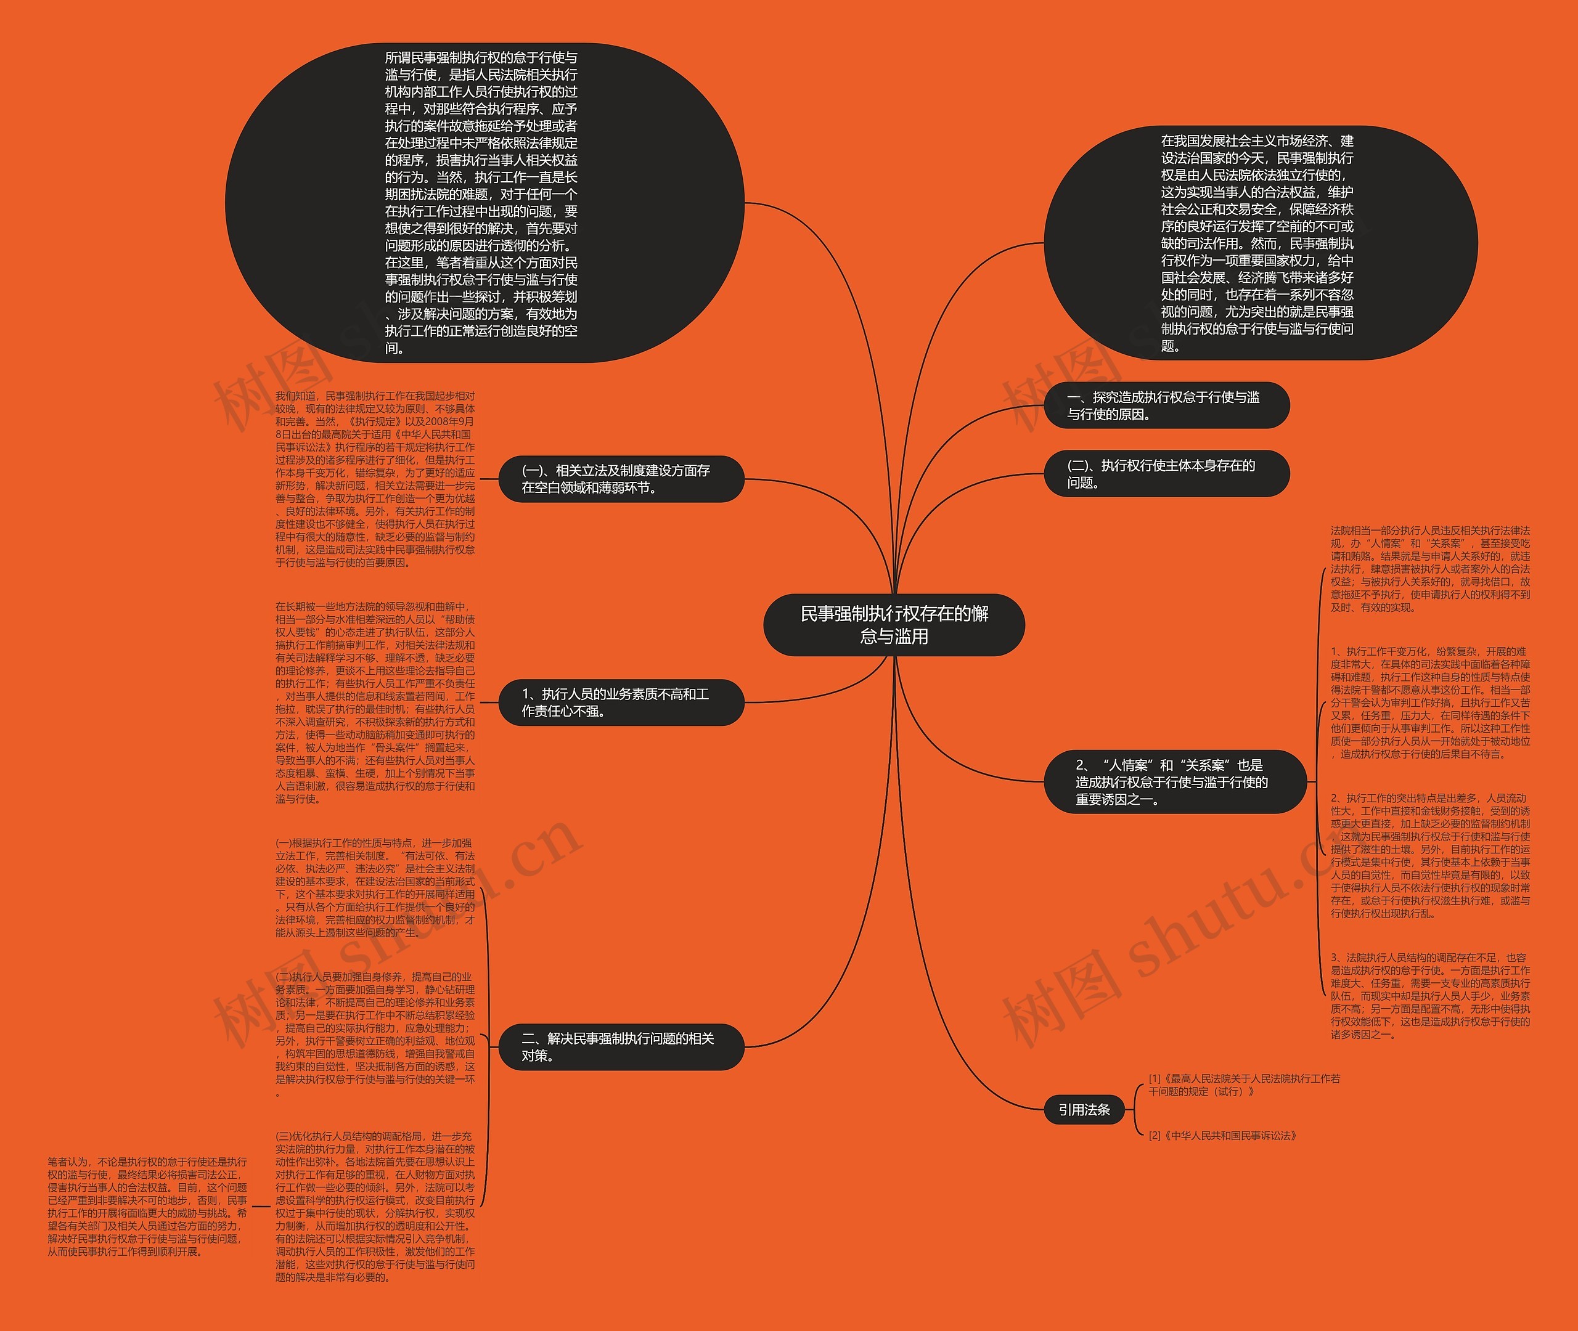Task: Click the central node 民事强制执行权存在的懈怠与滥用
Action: point(894,625)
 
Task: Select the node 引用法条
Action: point(1084,1109)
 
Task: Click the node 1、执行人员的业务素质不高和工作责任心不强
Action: point(621,702)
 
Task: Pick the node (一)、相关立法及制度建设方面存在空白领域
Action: point(621,479)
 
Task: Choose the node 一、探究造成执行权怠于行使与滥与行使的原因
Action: point(1166,405)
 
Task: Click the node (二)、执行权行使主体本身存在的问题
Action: point(1166,474)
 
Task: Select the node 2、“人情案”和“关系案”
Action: point(1174,782)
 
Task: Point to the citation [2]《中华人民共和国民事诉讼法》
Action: point(1222,1136)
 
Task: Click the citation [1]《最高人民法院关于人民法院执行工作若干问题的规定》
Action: point(1244,1085)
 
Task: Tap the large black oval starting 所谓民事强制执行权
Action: point(483,202)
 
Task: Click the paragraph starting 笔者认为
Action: point(148,1207)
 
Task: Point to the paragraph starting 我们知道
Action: point(375,479)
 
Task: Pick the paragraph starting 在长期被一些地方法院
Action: point(375,702)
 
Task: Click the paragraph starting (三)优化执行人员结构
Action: point(375,1207)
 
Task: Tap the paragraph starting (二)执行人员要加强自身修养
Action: point(375,1034)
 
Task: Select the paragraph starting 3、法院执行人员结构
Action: point(1430,996)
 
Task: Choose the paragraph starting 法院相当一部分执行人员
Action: point(1430,569)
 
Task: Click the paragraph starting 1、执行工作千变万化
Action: point(1430,702)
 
